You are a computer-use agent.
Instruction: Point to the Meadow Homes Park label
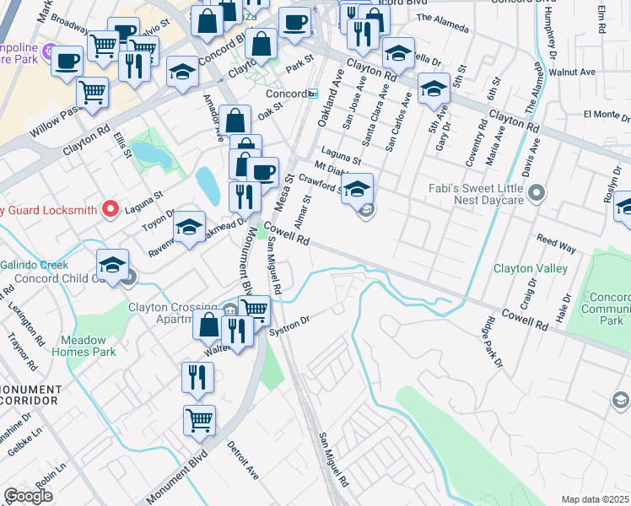84,346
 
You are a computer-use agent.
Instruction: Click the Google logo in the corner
28,496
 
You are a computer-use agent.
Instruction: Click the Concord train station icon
313,93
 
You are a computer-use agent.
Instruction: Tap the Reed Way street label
556,245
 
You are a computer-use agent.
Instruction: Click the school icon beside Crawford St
358,188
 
